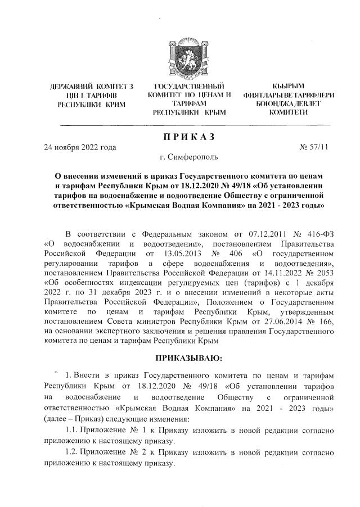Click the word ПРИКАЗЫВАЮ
click(x=189, y=357)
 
